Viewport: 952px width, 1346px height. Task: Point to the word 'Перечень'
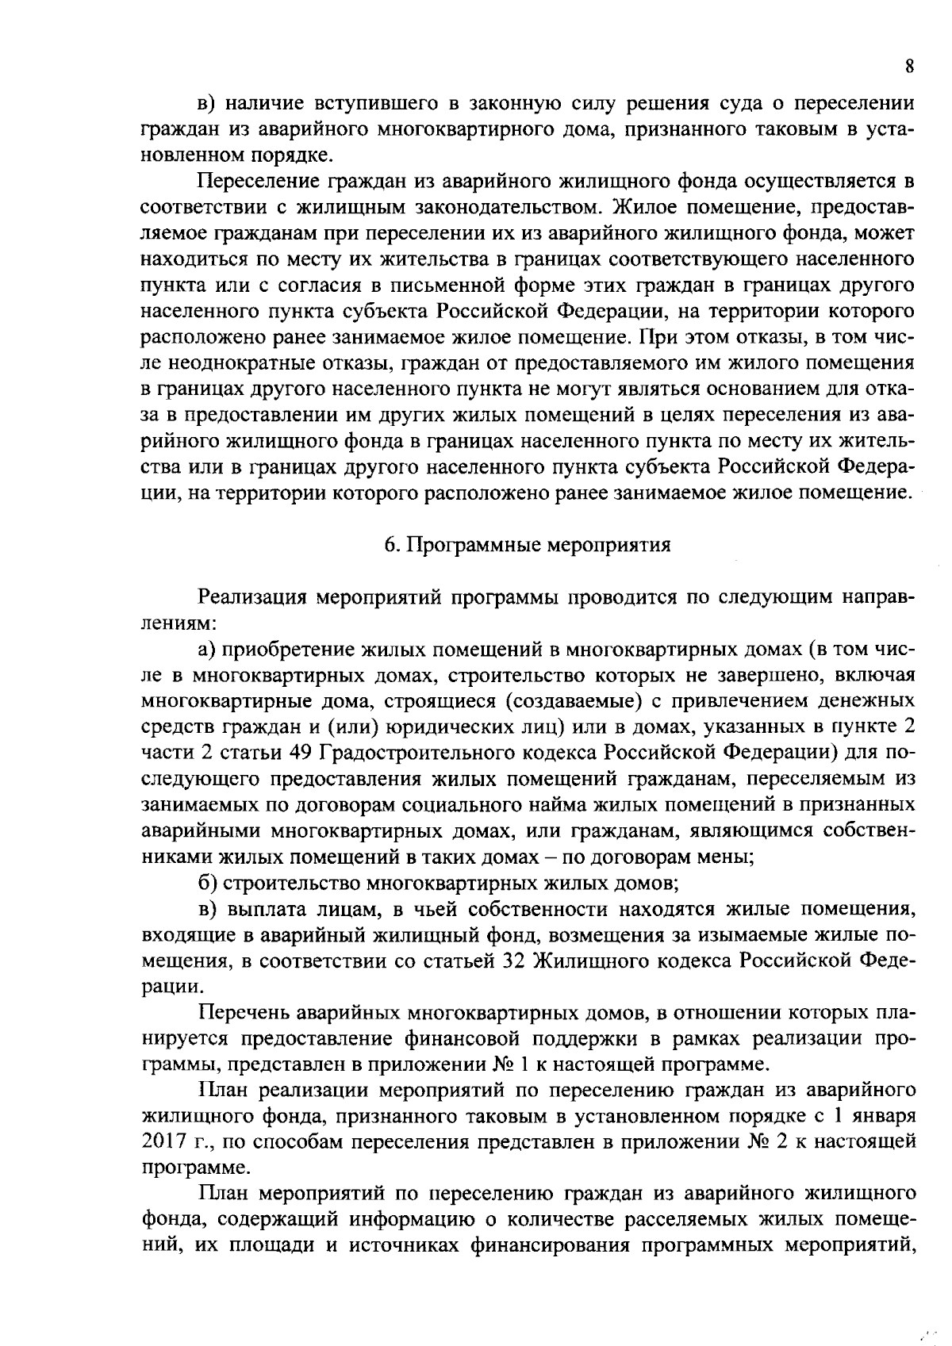pos(242,1012)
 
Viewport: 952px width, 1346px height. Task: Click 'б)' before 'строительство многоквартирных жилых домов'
pos(209,882)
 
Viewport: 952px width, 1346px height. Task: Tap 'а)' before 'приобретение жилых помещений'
pos(208,650)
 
